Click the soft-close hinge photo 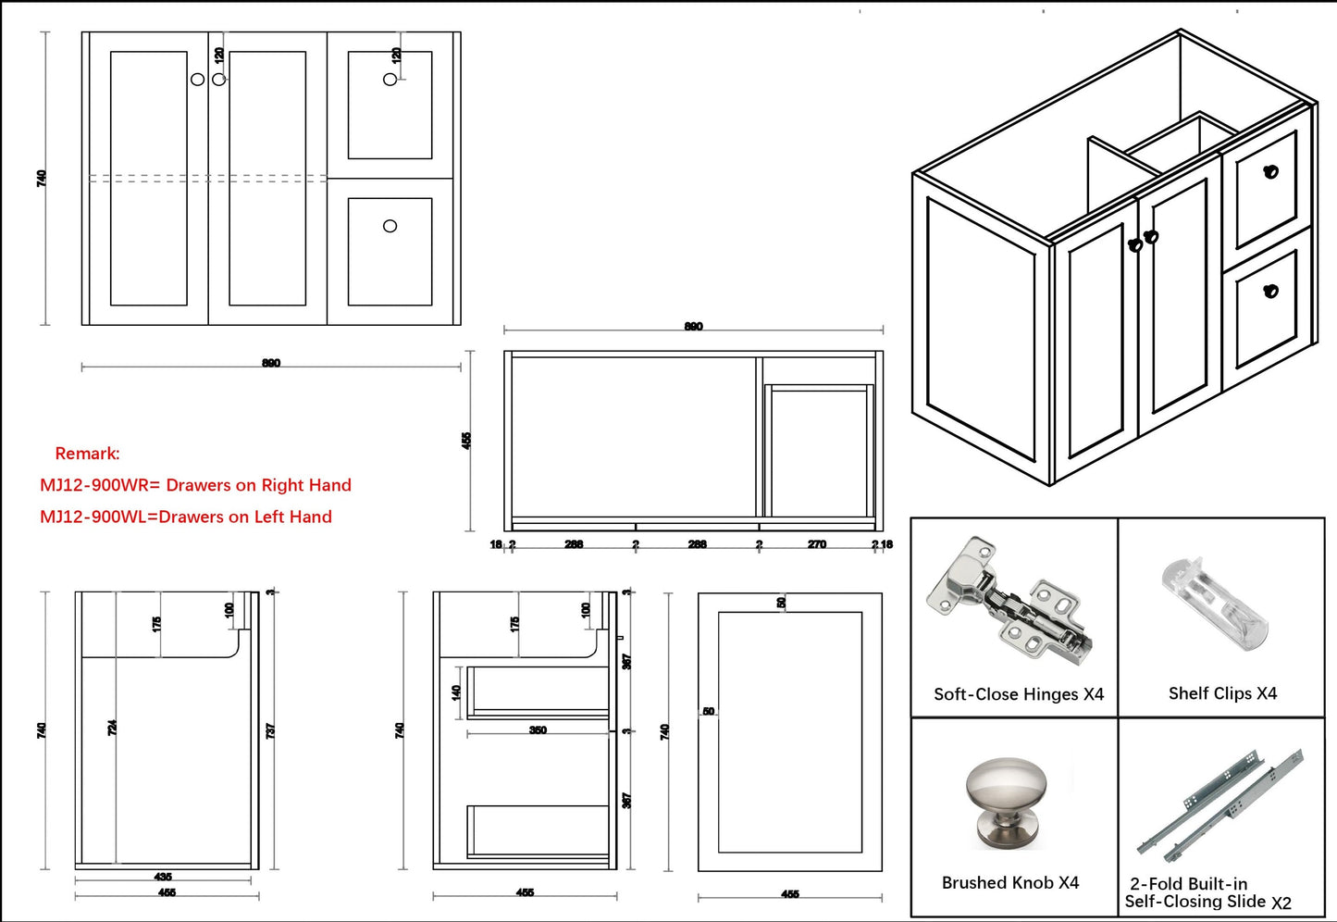point(1009,602)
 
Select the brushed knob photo point(1008,802)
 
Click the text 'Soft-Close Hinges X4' point(1018,694)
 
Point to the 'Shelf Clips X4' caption point(1222,693)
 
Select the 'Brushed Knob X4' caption point(1009,883)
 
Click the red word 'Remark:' point(87,454)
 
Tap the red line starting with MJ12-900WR point(195,485)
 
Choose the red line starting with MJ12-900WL point(185,517)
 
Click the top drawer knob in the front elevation point(390,80)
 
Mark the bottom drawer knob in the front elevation point(390,226)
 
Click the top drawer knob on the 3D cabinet point(1270,171)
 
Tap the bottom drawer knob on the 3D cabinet point(1270,291)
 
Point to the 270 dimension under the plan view point(816,544)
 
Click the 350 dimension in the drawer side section point(538,730)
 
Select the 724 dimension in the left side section point(112,728)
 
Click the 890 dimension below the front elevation point(271,363)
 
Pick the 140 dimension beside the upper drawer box point(455,691)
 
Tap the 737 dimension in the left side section point(270,730)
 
